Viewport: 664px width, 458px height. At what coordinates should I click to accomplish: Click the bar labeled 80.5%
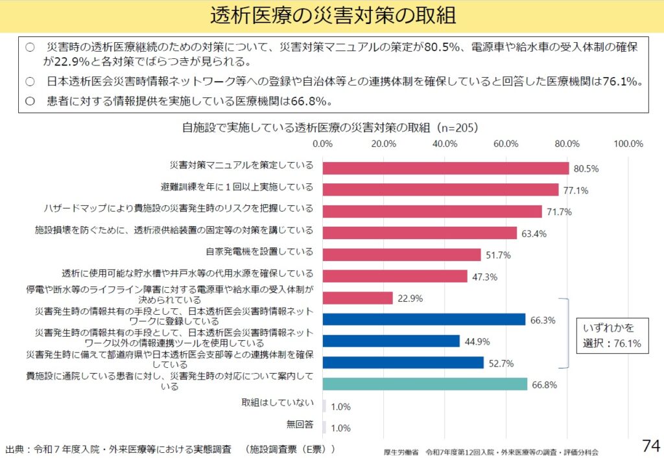[x=445, y=168]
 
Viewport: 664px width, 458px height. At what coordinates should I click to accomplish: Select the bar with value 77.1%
[x=440, y=190]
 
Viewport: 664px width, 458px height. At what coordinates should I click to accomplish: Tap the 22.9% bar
[x=358, y=298]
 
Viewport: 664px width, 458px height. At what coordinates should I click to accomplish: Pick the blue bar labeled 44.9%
[x=391, y=341]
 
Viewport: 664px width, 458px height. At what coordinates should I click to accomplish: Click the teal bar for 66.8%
[x=425, y=384]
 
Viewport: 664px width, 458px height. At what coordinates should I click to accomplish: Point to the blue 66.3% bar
[x=424, y=319]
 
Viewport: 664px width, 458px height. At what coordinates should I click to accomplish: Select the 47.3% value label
[x=484, y=277]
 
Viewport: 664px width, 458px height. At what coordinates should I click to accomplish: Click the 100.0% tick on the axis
[x=628, y=143]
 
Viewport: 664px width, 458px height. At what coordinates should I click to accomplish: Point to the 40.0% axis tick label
[x=445, y=143]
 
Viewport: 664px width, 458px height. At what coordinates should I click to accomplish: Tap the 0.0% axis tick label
[x=322, y=143]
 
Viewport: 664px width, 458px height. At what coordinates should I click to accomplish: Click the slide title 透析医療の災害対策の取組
[x=332, y=16]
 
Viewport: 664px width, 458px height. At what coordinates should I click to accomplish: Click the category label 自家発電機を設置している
[x=259, y=251]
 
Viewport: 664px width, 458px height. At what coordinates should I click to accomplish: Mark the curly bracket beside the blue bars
[x=565, y=334]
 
